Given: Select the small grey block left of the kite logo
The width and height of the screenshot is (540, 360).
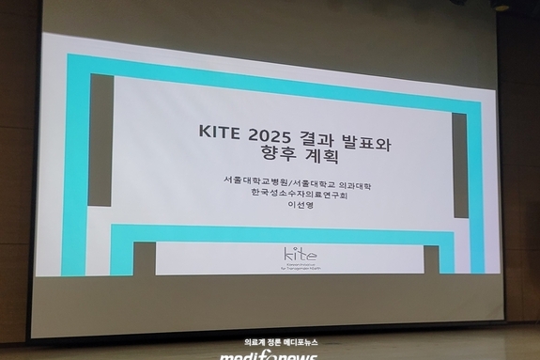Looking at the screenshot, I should (144, 258).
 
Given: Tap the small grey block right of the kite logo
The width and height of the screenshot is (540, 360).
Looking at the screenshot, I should (431, 260).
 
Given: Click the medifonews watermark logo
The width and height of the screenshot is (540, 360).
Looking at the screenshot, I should (270, 354).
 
